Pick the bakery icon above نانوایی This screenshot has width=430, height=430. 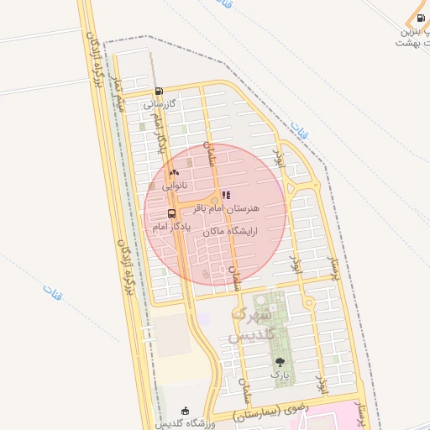point(174,171)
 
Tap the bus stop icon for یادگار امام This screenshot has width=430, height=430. point(171,213)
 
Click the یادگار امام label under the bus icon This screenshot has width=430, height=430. point(171,227)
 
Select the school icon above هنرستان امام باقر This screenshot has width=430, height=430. point(225,195)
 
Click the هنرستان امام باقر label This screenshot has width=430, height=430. point(228,206)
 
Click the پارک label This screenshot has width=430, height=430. point(279,375)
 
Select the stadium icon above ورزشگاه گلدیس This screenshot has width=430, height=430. point(186,409)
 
